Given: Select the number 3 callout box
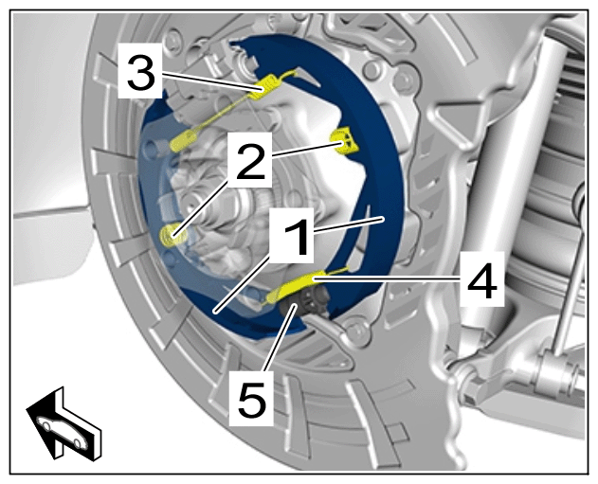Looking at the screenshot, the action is [x=140, y=71].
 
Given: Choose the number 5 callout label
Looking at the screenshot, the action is [x=251, y=398].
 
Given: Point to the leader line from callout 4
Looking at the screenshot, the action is [x=387, y=279].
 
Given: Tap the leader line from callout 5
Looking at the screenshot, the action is [x=280, y=337].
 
